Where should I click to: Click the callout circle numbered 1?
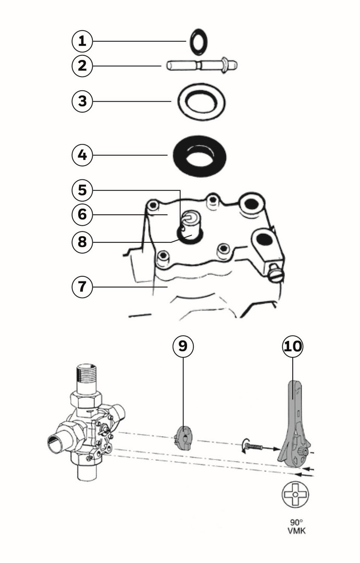[x=82, y=41]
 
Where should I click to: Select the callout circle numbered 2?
[x=82, y=66]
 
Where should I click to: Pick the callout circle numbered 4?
[x=82, y=155]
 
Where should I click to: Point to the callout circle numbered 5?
[x=82, y=190]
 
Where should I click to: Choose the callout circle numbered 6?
[x=82, y=214]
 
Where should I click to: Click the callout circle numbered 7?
[x=82, y=286]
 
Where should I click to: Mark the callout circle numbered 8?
[x=82, y=241]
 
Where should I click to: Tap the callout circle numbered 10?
[x=292, y=346]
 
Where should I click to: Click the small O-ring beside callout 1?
[x=198, y=42]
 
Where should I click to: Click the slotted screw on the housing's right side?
[x=276, y=273]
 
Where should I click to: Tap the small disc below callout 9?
[x=183, y=437]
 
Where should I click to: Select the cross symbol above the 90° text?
[x=295, y=495]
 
